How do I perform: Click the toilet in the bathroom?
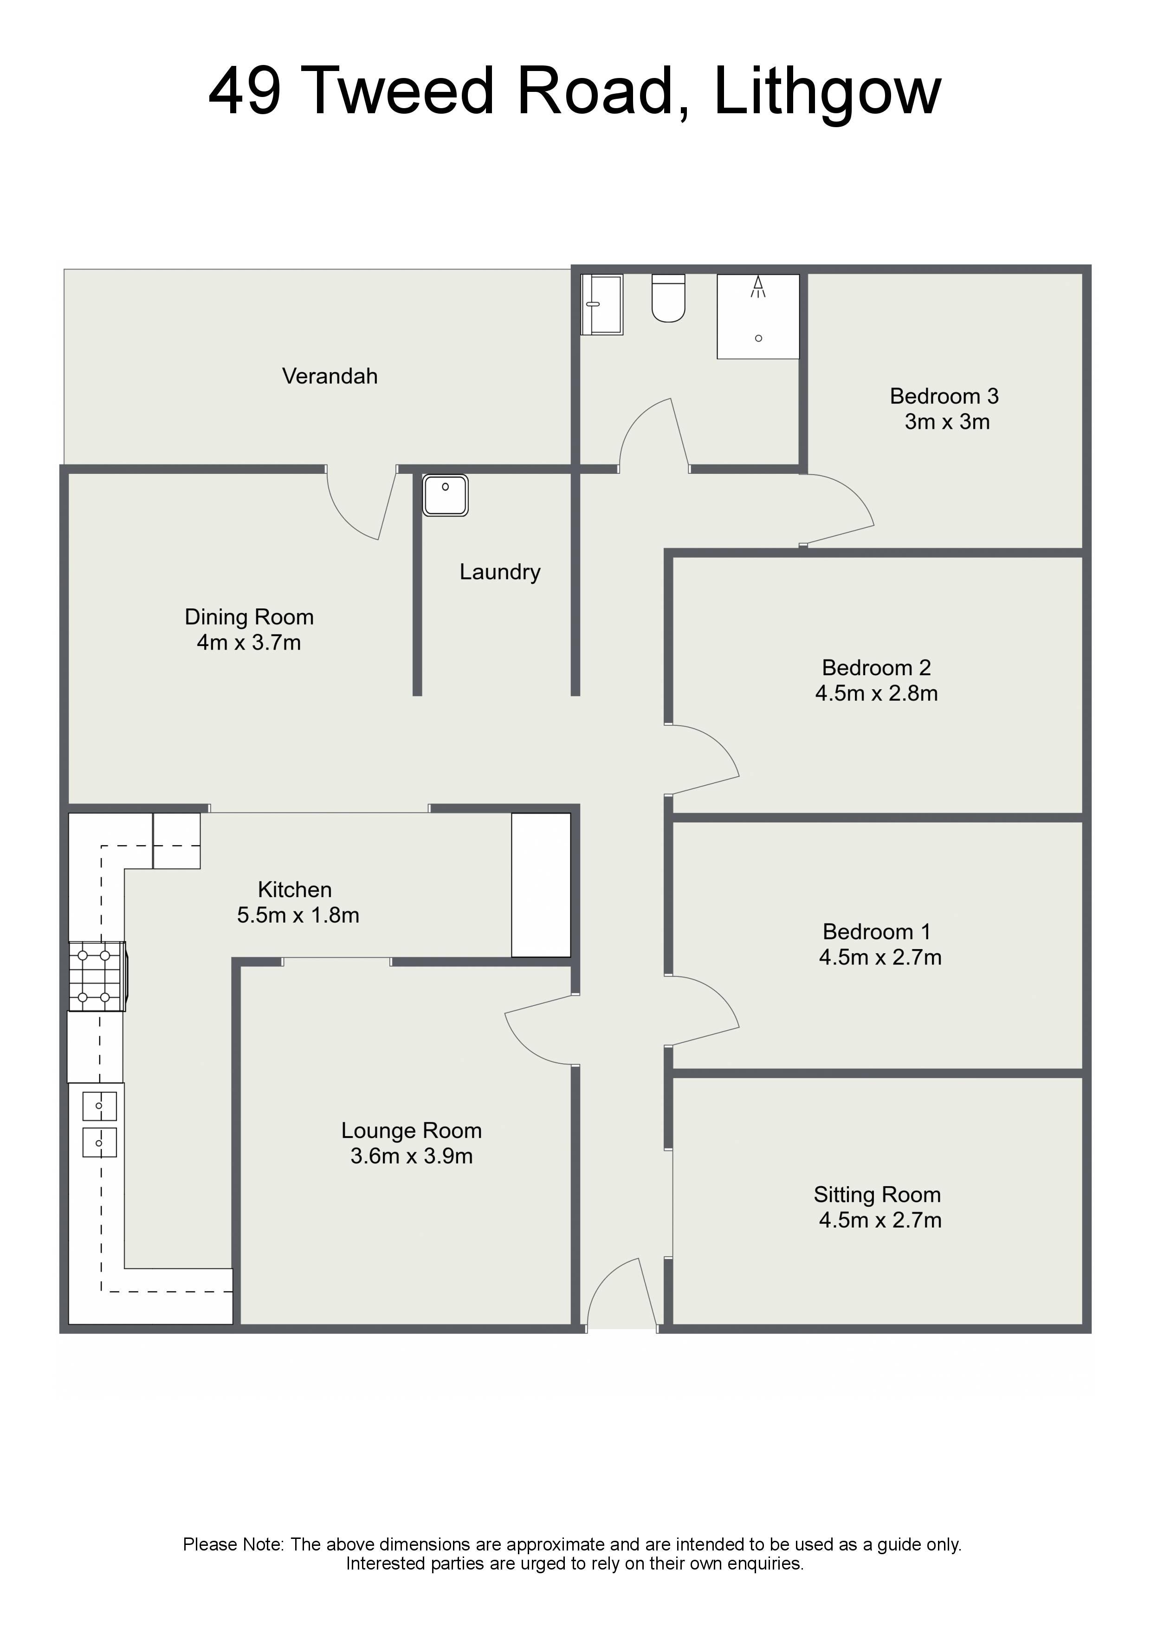tap(668, 298)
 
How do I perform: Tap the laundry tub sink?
tap(446, 495)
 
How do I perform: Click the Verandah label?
tap(330, 376)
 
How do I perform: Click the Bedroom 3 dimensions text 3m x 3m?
tap(947, 422)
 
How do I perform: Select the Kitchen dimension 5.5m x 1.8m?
tap(298, 915)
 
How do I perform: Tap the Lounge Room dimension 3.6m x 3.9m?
tap(411, 1156)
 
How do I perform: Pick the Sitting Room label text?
tap(877, 1195)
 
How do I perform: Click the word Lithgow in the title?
tap(828, 92)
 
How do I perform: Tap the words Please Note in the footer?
tap(234, 1545)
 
